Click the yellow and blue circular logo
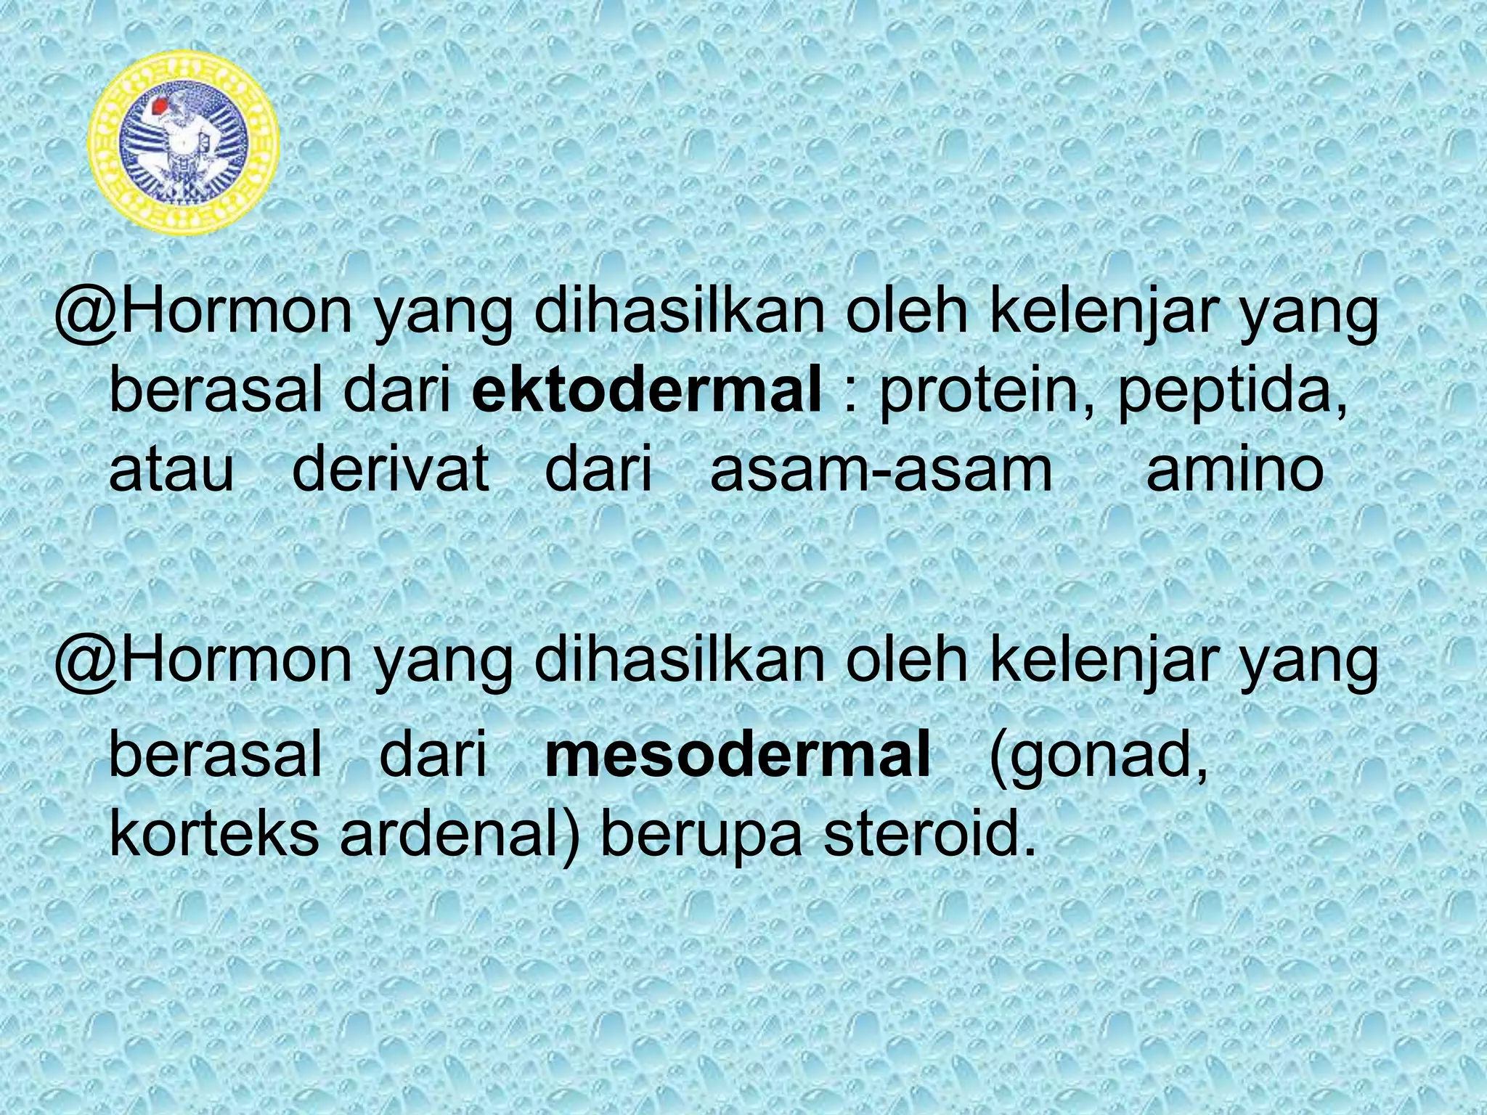[x=183, y=139]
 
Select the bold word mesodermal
[x=737, y=754]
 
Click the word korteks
[x=213, y=834]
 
